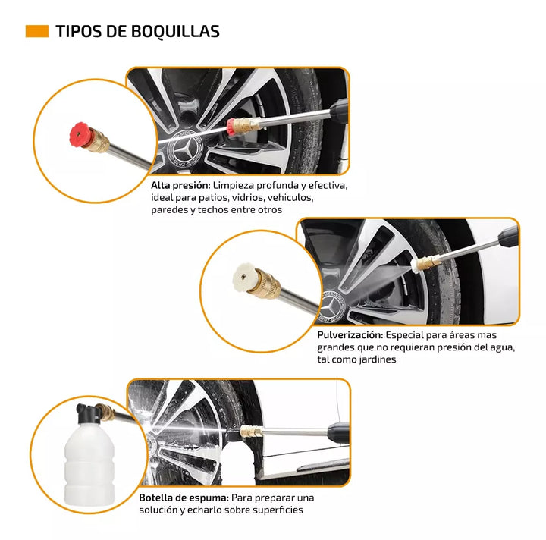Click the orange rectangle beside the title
point(36,31)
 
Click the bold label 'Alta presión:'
point(180,185)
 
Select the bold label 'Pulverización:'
point(349,334)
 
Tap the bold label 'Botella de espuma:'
point(184,498)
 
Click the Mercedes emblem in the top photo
point(185,146)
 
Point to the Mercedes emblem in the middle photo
point(331,306)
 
